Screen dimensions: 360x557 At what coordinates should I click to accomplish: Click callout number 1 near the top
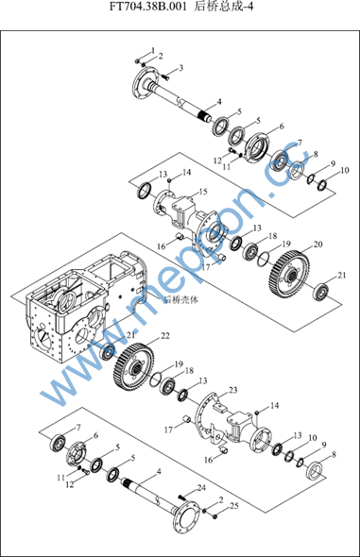coord(153,50)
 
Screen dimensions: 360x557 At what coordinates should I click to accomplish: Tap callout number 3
coord(180,67)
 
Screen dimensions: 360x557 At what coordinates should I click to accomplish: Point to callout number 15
coord(203,192)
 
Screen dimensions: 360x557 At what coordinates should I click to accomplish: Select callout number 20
coord(318,245)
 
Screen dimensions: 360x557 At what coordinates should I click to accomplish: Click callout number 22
coord(165,336)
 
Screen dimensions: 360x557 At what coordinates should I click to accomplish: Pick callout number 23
coord(232,390)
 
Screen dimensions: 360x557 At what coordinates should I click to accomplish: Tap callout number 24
coord(201,488)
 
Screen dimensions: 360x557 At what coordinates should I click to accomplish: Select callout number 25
coord(233,505)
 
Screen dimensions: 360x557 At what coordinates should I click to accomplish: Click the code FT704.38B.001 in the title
coord(147,8)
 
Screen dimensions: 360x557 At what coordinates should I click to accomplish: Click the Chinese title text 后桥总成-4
coord(224,8)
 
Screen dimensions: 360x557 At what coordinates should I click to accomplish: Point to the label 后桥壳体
coord(180,300)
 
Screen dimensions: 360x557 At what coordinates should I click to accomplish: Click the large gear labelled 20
coord(289,274)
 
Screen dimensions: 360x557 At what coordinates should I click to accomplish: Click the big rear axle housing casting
coord(85,306)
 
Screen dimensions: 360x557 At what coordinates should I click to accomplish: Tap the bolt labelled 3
coord(165,76)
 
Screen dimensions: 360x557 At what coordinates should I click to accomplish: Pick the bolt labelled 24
coord(182,498)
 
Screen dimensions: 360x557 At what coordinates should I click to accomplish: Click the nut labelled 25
coord(215,516)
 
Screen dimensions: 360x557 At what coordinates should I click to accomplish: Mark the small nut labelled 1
coord(138,61)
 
